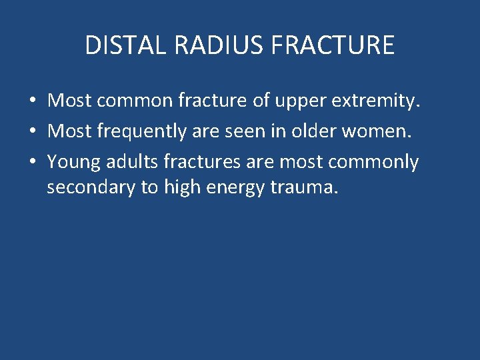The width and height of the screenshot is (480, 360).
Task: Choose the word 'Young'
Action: pyautogui.click(x=74, y=162)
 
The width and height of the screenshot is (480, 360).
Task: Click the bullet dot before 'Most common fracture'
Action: pyautogui.click(x=33, y=102)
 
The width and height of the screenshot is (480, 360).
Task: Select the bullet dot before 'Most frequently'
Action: pyautogui.click(x=33, y=132)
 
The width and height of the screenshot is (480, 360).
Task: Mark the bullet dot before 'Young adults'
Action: pyautogui.click(x=33, y=163)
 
